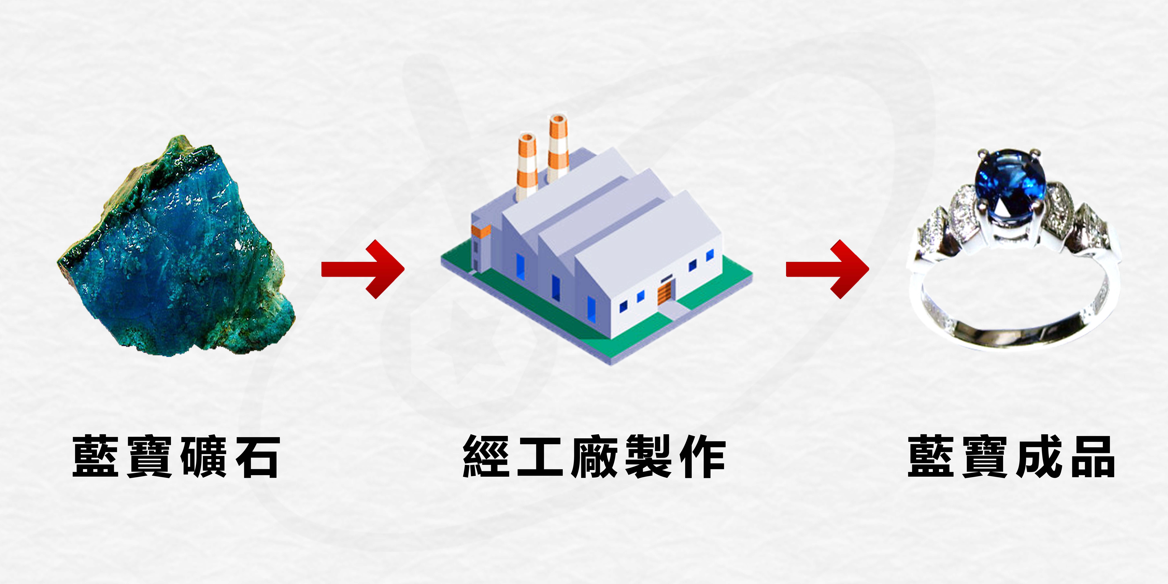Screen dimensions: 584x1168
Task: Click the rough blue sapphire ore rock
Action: pos(181,263)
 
